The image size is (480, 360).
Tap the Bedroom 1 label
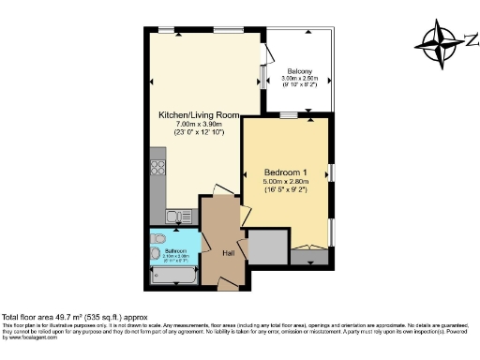(x=286, y=172)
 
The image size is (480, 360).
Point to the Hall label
(x=227, y=253)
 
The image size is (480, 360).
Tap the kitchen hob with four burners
(x=157, y=172)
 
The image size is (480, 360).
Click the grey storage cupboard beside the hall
(x=266, y=247)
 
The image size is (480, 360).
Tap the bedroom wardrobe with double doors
(x=308, y=251)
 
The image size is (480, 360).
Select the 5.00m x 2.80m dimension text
(x=286, y=182)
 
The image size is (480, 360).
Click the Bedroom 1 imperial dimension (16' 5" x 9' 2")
(x=286, y=190)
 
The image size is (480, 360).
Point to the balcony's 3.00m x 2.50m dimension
(x=300, y=79)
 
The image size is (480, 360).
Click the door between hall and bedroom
(x=246, y=215)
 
